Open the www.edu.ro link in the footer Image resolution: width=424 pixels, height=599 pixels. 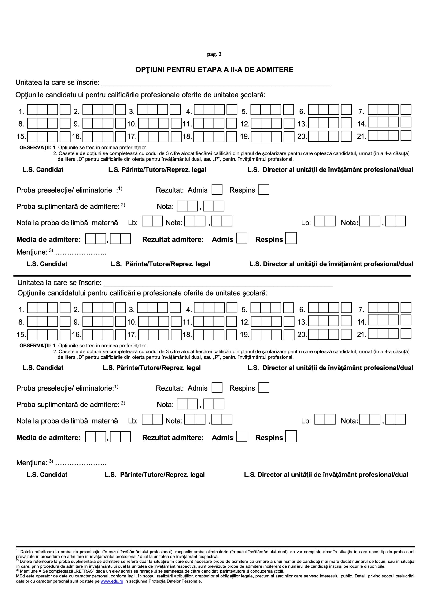tap(112, 581)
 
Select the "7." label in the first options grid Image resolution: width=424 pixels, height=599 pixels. tap(361, 112)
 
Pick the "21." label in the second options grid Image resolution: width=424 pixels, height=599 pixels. tap(361, 334)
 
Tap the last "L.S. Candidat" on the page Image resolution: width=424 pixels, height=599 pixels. tap(47, 475)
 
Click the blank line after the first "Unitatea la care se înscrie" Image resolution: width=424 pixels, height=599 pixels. tap(216, 84)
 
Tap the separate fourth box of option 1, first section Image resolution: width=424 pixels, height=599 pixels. tap(65, 110)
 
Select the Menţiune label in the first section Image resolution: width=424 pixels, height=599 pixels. tap(32, 252)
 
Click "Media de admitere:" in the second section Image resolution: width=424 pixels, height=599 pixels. tap(48, 438)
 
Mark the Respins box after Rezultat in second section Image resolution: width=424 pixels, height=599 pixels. tap(264, 388)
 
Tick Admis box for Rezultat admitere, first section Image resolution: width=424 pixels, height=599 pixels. tap(242, 238)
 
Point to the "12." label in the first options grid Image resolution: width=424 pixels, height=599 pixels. tap(245, 124)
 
